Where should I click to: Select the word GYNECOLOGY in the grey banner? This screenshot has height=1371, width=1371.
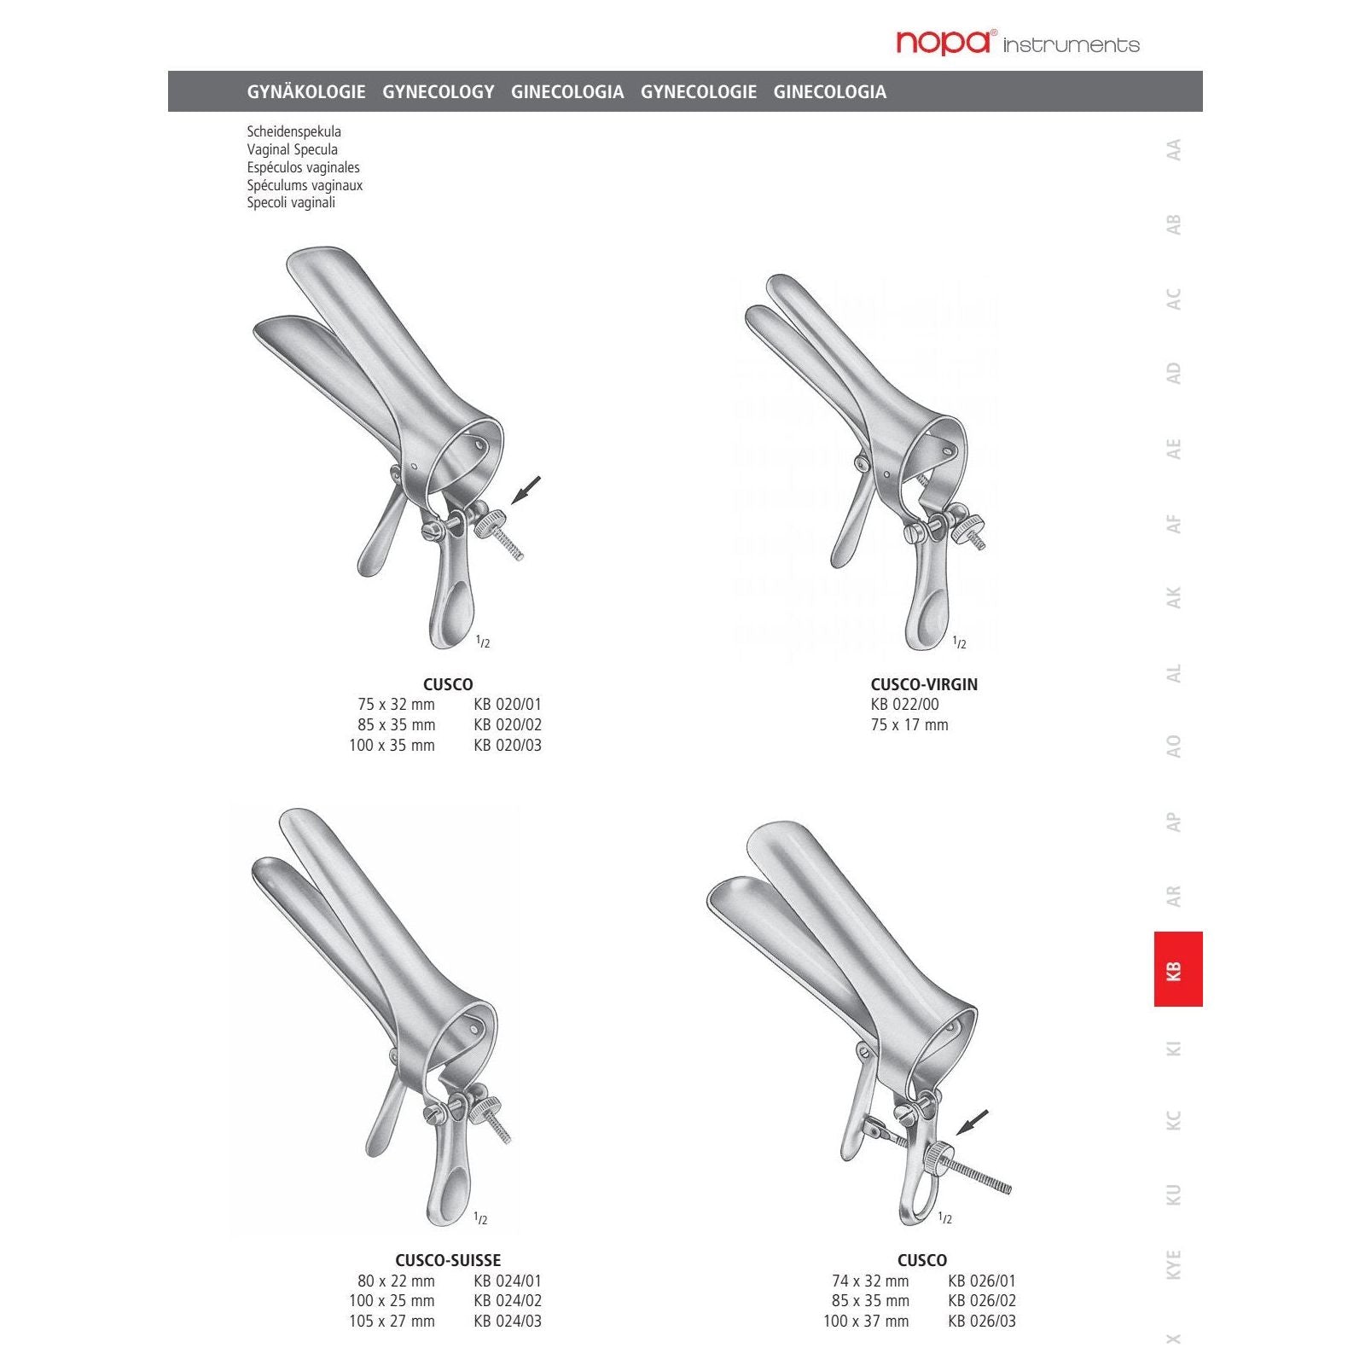pyautogui.click(x=438, y=91)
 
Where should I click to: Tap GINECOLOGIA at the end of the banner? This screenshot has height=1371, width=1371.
pyautogui.click(x=829, y=91)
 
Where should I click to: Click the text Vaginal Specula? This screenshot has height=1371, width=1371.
pyautogui.click(x=292, y=149)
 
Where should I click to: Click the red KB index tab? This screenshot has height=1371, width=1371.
pyautogui.click(x=1177, y=969)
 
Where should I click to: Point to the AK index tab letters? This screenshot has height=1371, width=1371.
pyautogui.click(x=1174, y=597)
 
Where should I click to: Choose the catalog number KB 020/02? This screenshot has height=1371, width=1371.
pyautogui.click(x=508, y=724)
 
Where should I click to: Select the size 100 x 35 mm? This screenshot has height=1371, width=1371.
pyautogui.click(x=392, y=745)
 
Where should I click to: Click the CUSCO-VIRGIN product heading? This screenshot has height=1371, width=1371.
pyautogui.click(x=924, y=684)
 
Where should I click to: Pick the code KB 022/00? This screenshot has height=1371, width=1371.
pyautogui.click(x=904, y=704)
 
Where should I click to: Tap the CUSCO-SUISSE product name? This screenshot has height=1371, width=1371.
pyautogui.click(x=448, y=1260)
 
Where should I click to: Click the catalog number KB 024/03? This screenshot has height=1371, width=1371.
pyautogui.click(x=508, y=1321)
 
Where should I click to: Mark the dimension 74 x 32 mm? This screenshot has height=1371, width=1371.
pyautogui.click(x=870, y=1281)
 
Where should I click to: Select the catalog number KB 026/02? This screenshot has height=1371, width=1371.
pyautogui.click(x=982, y=1300)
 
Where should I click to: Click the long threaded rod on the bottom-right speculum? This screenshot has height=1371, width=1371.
pyautogui.click(x=981, y=1176)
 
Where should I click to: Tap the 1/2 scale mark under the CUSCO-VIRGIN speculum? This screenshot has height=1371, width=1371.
pyautogui.click(x=959, y=642)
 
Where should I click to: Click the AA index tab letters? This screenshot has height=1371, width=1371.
pyautogui.click(x=1174, y=150)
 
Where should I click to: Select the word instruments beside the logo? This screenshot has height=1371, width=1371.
pyautogui.click(x=1071, y=45)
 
